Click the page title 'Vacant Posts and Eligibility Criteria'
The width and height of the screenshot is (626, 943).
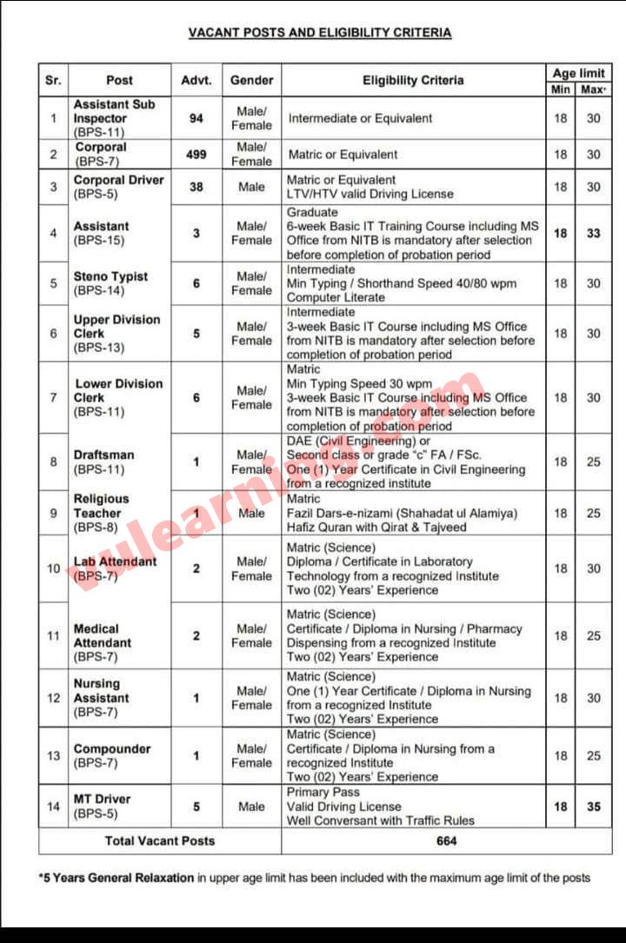point(320,33)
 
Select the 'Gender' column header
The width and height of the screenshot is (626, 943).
point(251,80)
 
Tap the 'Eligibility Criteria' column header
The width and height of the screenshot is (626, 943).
point(413,80)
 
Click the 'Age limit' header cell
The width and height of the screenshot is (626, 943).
point(578,73)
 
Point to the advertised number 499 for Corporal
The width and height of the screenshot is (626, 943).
point(196,155)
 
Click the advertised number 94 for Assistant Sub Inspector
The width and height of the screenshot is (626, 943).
point(196,118)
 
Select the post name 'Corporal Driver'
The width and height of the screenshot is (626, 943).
point(118,180)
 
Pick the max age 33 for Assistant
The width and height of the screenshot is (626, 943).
point(593,233)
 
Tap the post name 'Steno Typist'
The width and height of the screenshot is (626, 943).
point(110,276)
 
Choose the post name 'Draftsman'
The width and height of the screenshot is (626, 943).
point(104,455)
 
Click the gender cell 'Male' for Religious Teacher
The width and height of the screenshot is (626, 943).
point(251,513)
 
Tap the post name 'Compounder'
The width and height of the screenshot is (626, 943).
point(112,748)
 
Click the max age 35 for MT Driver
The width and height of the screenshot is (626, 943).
point(593,807)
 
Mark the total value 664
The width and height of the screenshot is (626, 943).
point(446,840)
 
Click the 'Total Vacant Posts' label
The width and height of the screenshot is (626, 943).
point(160,840)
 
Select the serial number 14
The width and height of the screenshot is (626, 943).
point(54,807)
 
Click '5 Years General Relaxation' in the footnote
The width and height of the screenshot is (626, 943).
point(118,878)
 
